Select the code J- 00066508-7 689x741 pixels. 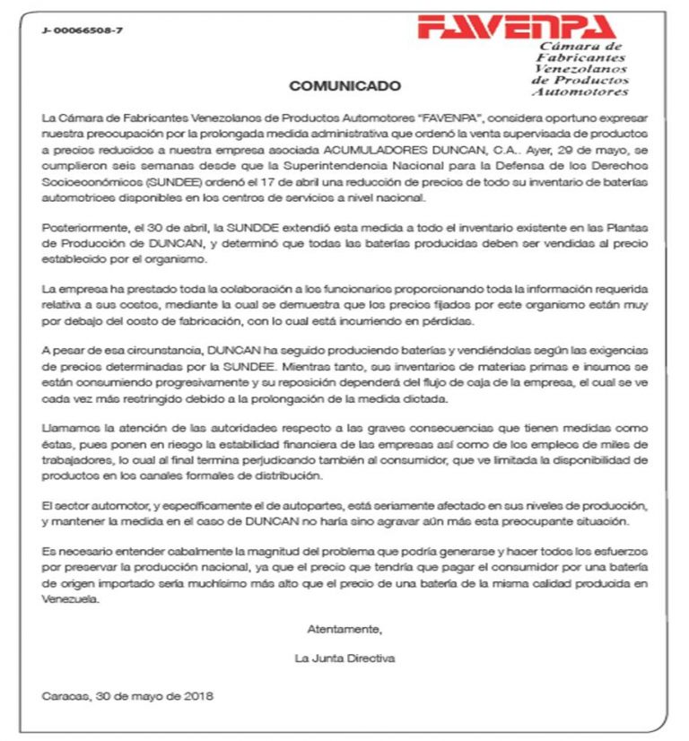pos(83,31)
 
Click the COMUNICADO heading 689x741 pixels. pos(344,86)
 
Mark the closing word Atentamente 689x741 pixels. pos(344,627)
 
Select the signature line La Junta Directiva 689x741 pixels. pos(344,658)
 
